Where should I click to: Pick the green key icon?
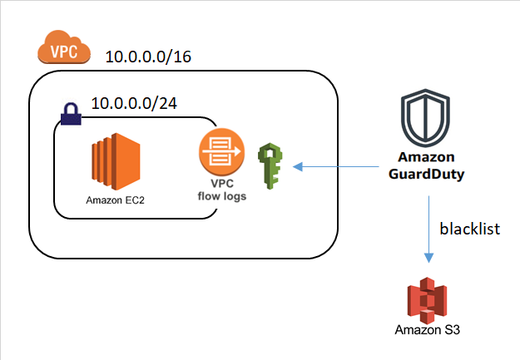pos(270,166)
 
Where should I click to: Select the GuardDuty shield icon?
pos(424,121)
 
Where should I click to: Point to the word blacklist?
pos(470,229)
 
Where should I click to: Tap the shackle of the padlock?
pos(70,108)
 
